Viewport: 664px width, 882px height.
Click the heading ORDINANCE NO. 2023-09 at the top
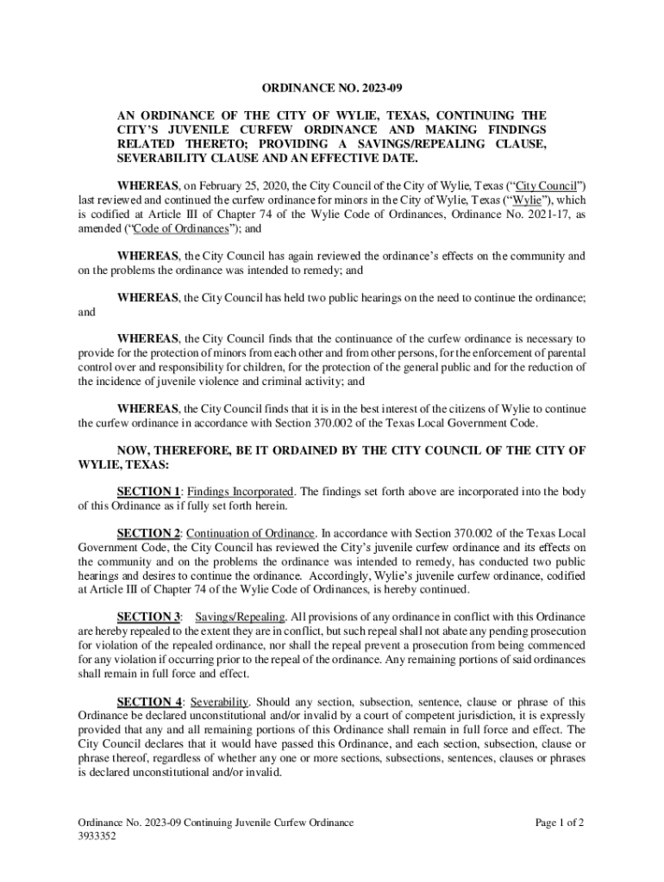point(332,88)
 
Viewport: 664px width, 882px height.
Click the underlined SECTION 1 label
point(148,491)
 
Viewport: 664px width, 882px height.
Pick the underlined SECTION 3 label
point(148,616)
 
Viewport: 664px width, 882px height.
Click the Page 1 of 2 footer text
point(560,823)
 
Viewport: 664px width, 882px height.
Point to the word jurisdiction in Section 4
point(448,715)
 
